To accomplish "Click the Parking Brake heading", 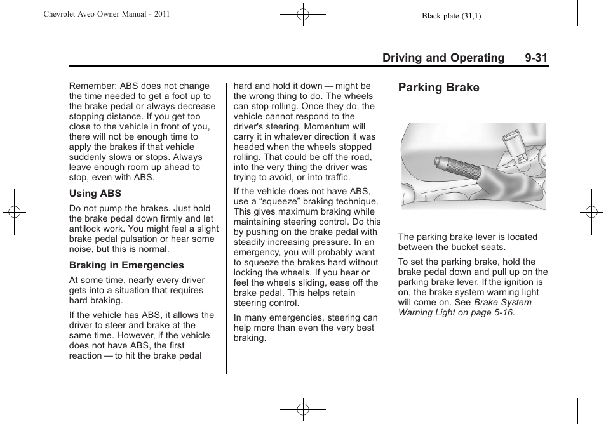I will coord(438,88).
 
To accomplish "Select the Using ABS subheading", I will coord(95,193).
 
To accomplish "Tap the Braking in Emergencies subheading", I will coord(126,265).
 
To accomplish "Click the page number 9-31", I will coord(536,58).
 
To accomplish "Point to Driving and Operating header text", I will coord(443,58).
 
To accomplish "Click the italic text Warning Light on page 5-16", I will coord(455,312).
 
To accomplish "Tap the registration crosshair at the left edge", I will coord(14,212).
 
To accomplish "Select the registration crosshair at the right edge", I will coord(591,212).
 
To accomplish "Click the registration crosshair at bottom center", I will coord(303,410).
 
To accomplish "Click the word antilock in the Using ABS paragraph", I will coord(86,229).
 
